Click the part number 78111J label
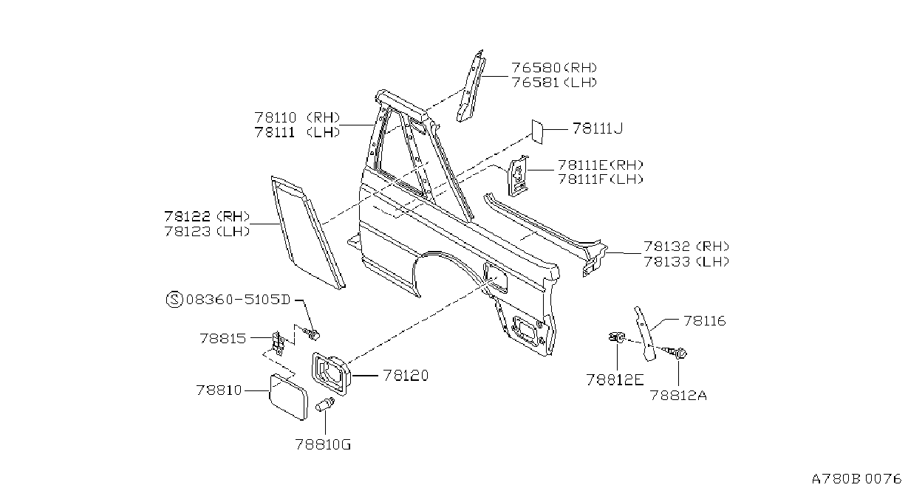coord(597,128)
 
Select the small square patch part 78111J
coord(537,131)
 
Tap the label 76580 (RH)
coord(554,68)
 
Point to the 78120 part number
coord(406,376)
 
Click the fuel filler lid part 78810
coord(288,396)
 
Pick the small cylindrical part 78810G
coord(325,404)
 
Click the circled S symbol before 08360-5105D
coord(174,300)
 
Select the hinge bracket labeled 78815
coord(278,343)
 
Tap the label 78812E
coord(615,380)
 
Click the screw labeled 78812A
coord(676,353)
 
